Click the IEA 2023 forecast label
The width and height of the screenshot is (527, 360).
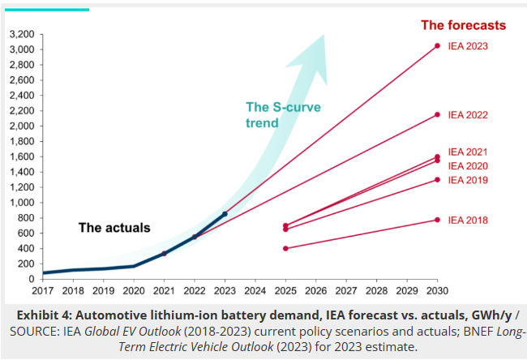468,46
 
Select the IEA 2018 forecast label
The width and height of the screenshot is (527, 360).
468,220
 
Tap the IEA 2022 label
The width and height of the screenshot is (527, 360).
468,115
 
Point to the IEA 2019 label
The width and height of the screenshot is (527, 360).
468,179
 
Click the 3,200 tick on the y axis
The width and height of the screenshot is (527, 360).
21,34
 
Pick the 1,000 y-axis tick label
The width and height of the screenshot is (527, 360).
21,203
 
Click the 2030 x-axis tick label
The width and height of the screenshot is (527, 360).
438,289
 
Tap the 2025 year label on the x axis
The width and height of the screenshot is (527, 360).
285,289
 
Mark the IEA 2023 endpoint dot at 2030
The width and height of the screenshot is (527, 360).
438,45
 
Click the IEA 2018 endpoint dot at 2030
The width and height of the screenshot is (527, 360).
438,220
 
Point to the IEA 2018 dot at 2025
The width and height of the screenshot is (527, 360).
285,248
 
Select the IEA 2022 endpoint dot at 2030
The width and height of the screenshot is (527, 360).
438,114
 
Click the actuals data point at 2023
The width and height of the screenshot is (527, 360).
225,213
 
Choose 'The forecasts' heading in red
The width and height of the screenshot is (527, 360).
463,25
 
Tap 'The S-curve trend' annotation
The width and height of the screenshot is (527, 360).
274,114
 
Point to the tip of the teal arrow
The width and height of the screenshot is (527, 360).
324,34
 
